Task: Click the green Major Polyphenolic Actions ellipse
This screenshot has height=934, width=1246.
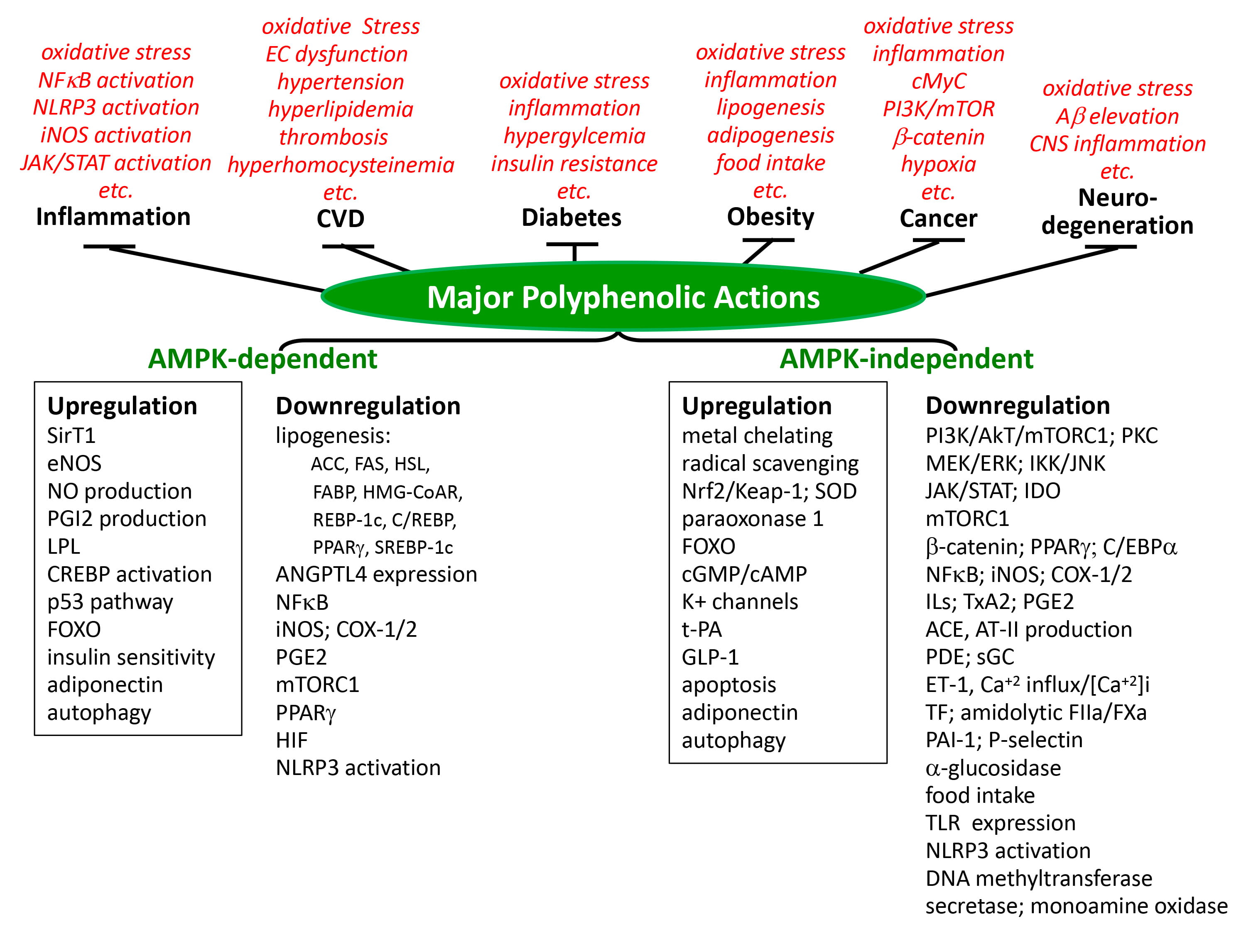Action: [x=623, y=297]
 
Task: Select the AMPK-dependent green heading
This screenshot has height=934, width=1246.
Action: [x=262, y=359]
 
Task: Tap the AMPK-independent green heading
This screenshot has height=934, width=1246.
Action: [x=906, y=359]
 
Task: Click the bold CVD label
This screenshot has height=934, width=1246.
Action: [x=340, y=218]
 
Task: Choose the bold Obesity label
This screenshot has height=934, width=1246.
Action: [x=770, y=217]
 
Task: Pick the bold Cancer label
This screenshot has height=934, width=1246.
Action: [x=938, y=218]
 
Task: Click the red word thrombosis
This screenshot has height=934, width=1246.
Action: [x=334, y=137]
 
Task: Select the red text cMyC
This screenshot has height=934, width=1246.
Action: [x=938, y=81]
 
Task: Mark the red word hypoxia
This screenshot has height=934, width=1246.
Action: [x=938, y=164]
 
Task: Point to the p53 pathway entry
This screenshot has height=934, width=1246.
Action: [x=110, y=602]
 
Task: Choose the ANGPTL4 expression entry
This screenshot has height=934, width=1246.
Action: [x=376, y=574]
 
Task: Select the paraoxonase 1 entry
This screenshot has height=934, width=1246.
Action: [x=752, y=518]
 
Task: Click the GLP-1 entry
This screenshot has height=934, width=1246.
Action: [x=710, y=657]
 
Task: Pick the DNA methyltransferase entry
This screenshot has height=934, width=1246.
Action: [x=1038, y=878]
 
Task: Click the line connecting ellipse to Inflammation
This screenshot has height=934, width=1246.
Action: [x=217, y=270]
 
